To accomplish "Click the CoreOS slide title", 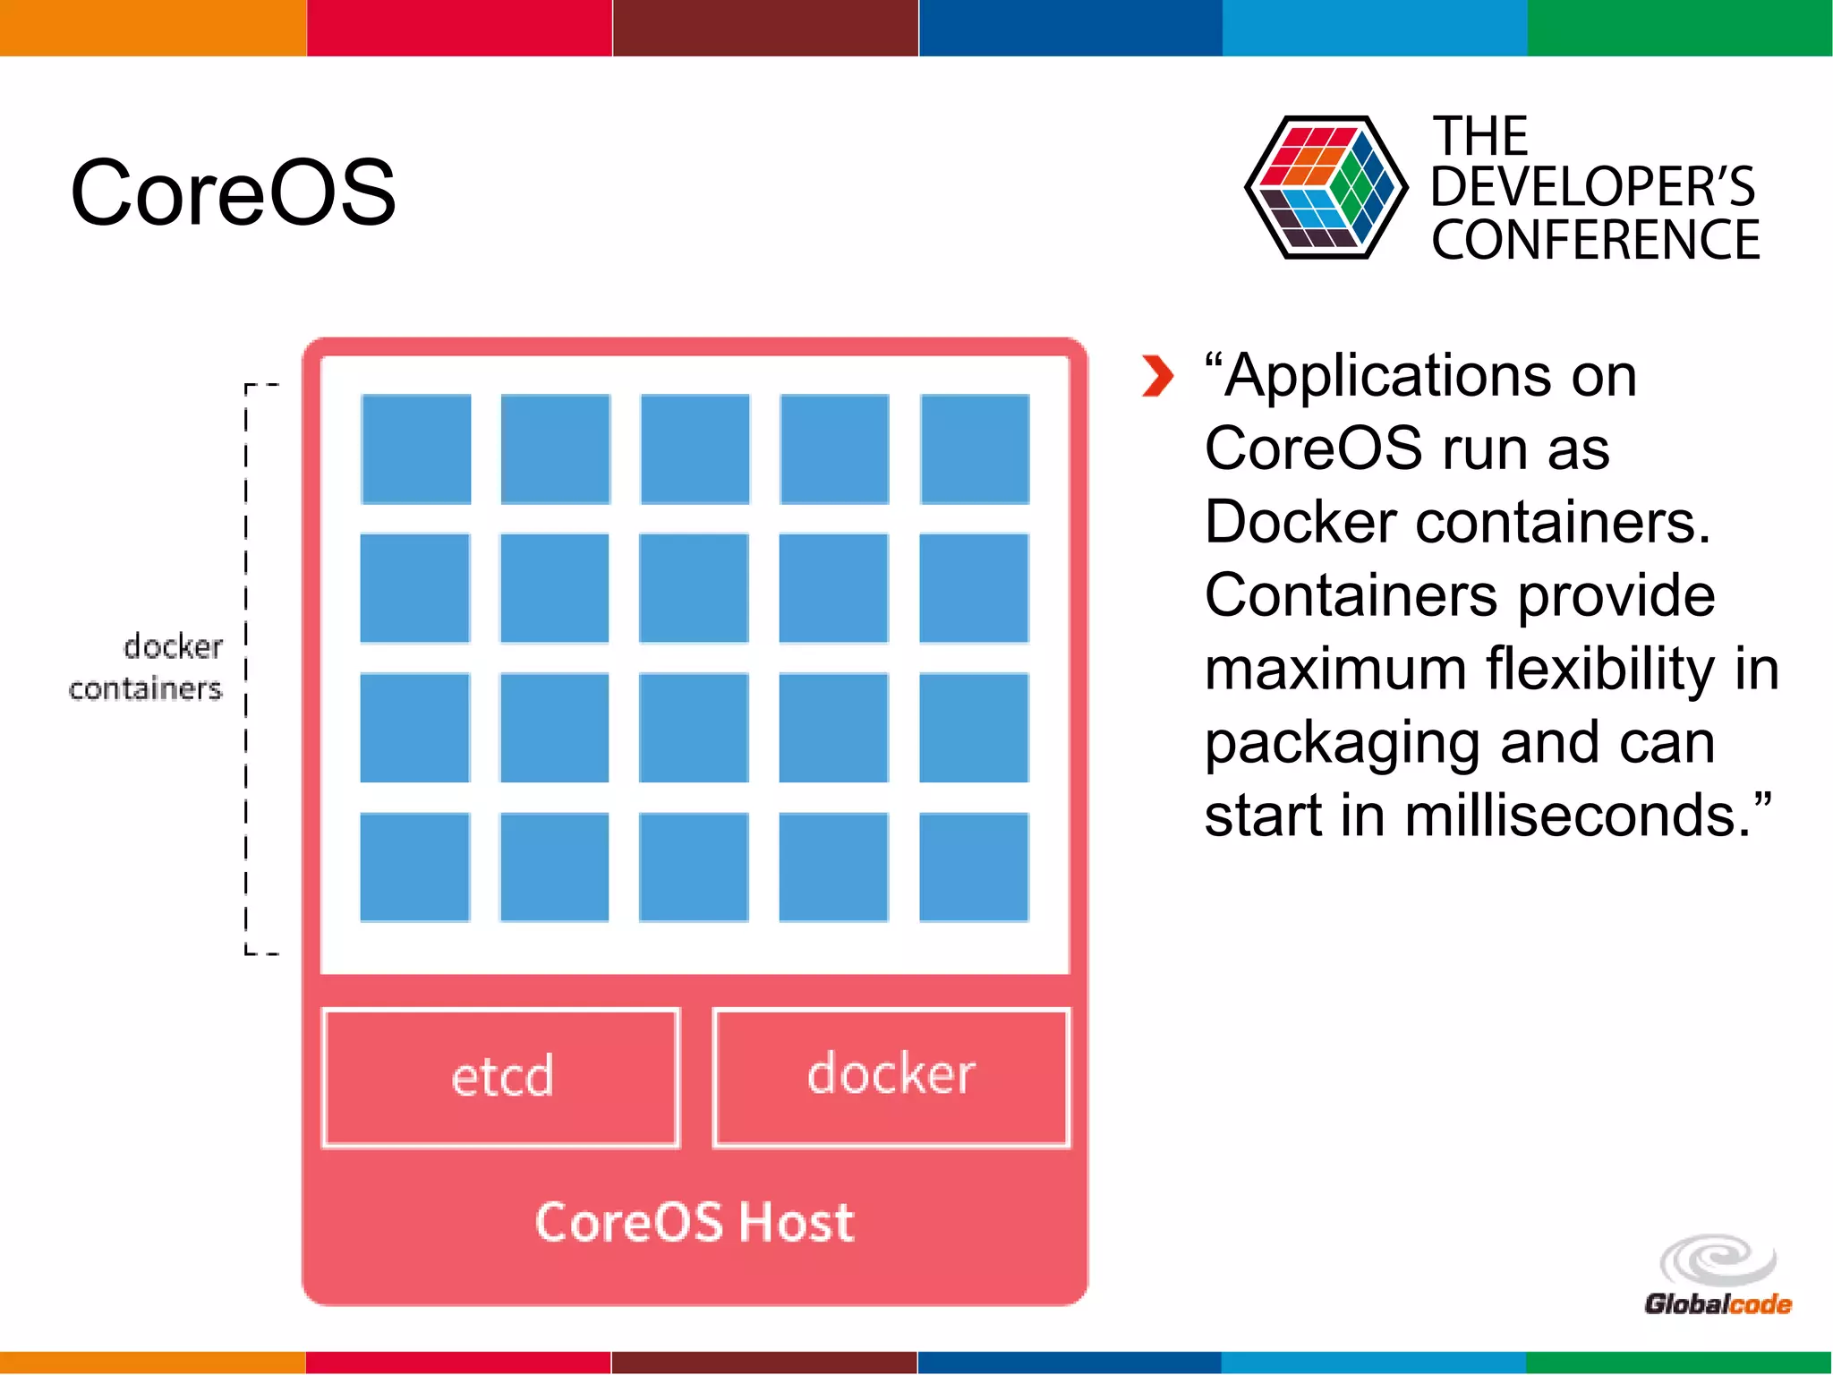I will click(x=233, y=192).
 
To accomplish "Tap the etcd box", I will click(x=501, y=1077).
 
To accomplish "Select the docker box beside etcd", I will click(x=891, y=1077).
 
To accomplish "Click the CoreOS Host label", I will click(x=695, y=1223).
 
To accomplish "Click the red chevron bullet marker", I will click(x=1156, y=376).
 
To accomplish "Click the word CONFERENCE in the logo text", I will click(x=1595, y=240).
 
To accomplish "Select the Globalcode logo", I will click(x=1718, y=1277).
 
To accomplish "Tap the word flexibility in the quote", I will click(x=1600, y=670).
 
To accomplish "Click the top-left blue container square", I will click(x=416, y=449).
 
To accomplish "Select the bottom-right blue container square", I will click(x=974, y=867).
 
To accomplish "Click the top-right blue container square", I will click(x=975, y=449).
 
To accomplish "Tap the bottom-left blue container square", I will click(x=415, y=867).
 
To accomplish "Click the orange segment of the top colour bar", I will click(x=152, y=27).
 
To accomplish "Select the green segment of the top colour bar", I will click(x=1680, y=27).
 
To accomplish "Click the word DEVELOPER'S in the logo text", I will click(x=1593, y=187).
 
